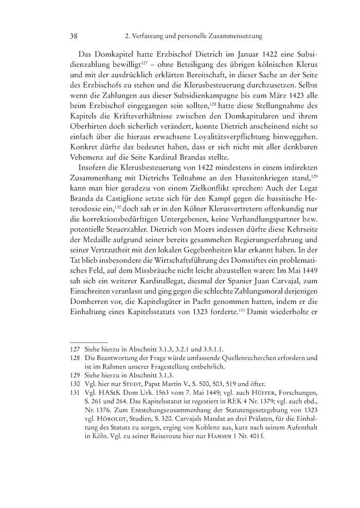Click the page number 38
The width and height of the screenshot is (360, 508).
(73, 37)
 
